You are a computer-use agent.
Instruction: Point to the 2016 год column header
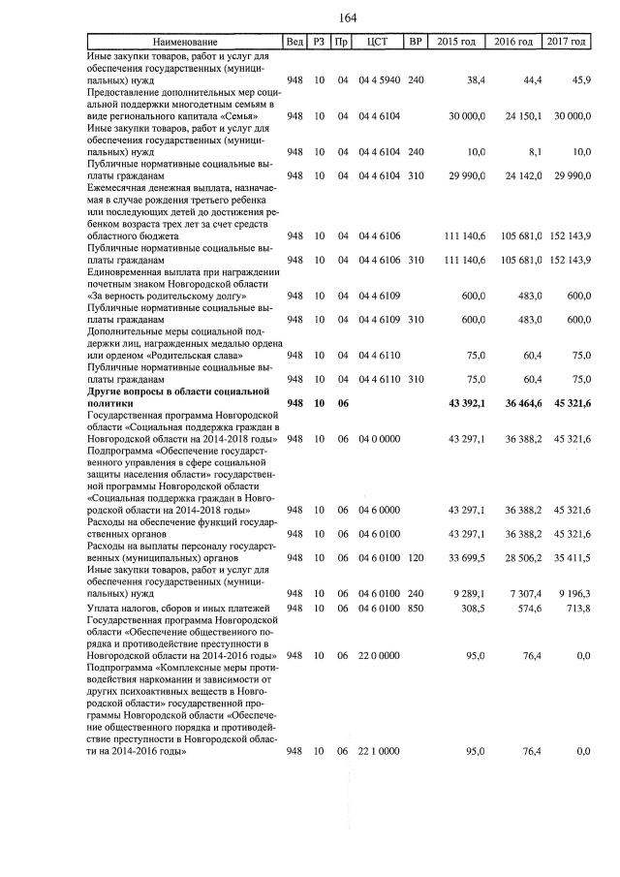(513, 43)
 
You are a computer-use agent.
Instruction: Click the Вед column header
(294, 43)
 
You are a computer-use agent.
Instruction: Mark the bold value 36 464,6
(515, 402)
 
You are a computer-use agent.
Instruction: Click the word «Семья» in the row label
(233, 115)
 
